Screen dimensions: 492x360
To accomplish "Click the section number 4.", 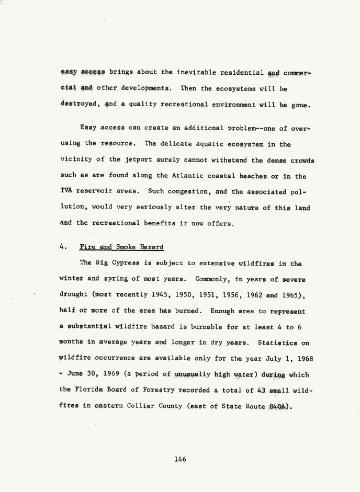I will tap(62, 246).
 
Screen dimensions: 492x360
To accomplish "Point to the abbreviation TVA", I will tap(66, 191).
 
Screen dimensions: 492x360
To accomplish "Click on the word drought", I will tap(73, 295).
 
